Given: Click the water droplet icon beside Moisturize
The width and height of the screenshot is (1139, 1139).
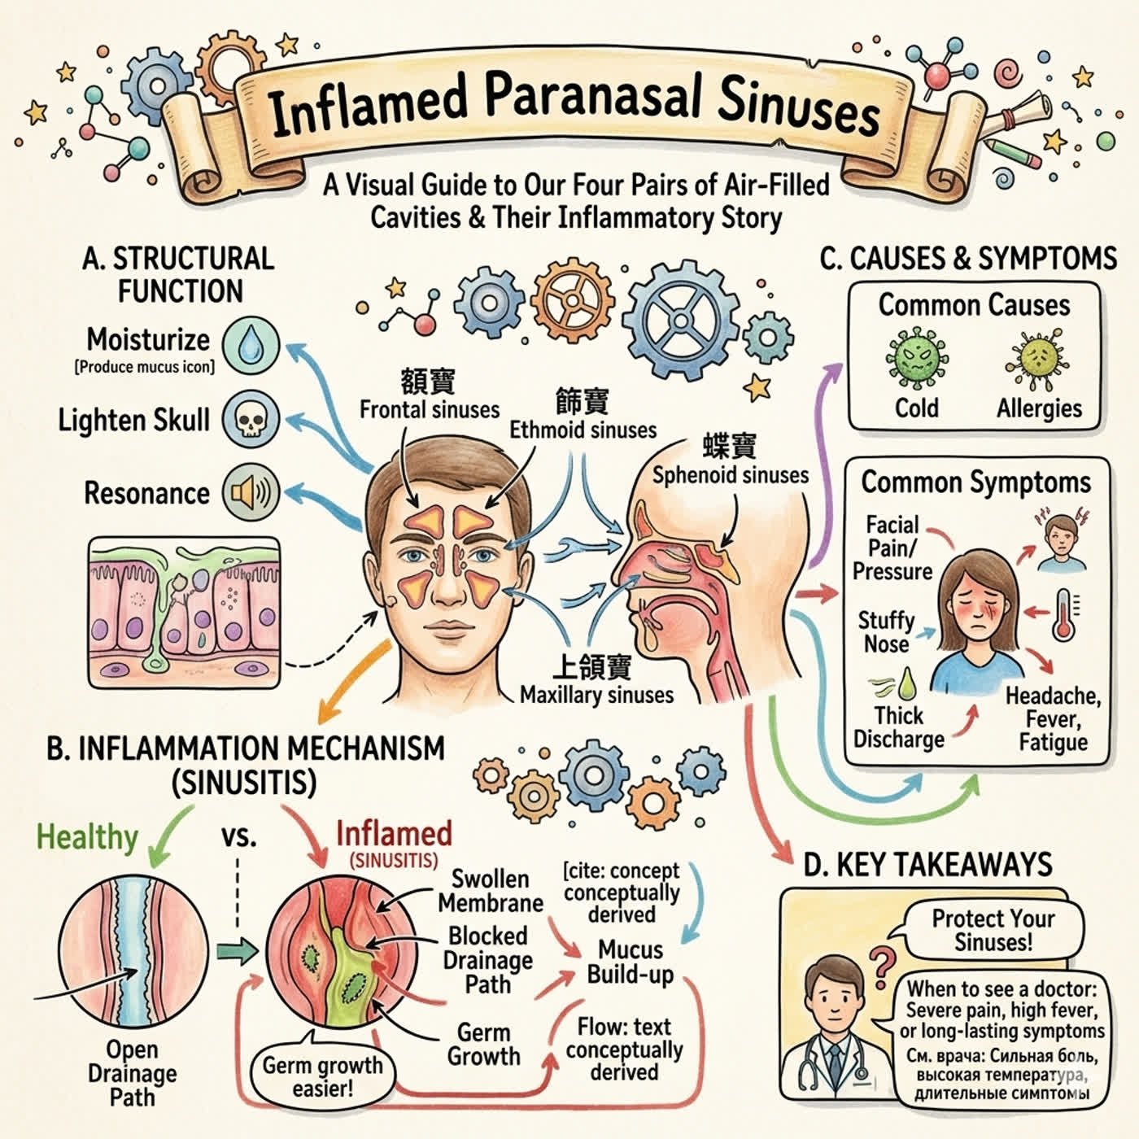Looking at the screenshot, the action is (x=251, y=346).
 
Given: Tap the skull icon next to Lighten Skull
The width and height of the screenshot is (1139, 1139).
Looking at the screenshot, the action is (x=251, y=419).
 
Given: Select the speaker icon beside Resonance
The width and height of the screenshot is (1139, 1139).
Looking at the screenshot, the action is (x=251, y=492).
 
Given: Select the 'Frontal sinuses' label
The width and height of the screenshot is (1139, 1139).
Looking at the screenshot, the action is (x=430, y=409).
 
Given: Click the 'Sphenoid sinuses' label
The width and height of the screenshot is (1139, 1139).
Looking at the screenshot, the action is (x=731, y=475).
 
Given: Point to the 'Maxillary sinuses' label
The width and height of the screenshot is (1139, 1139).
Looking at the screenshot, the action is (x=596, y=695).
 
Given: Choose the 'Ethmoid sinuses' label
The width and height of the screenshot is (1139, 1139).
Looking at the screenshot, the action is (x=583, y=430).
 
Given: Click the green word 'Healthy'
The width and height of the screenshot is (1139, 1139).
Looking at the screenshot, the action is (x=88, y=837).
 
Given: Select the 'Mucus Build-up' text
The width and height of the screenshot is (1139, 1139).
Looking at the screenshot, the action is (x=631, y=962).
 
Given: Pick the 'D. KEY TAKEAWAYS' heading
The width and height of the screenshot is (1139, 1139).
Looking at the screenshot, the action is (x=928, y=865).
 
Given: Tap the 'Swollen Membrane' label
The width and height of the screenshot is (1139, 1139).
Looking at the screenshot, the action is (x=490, y=891).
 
